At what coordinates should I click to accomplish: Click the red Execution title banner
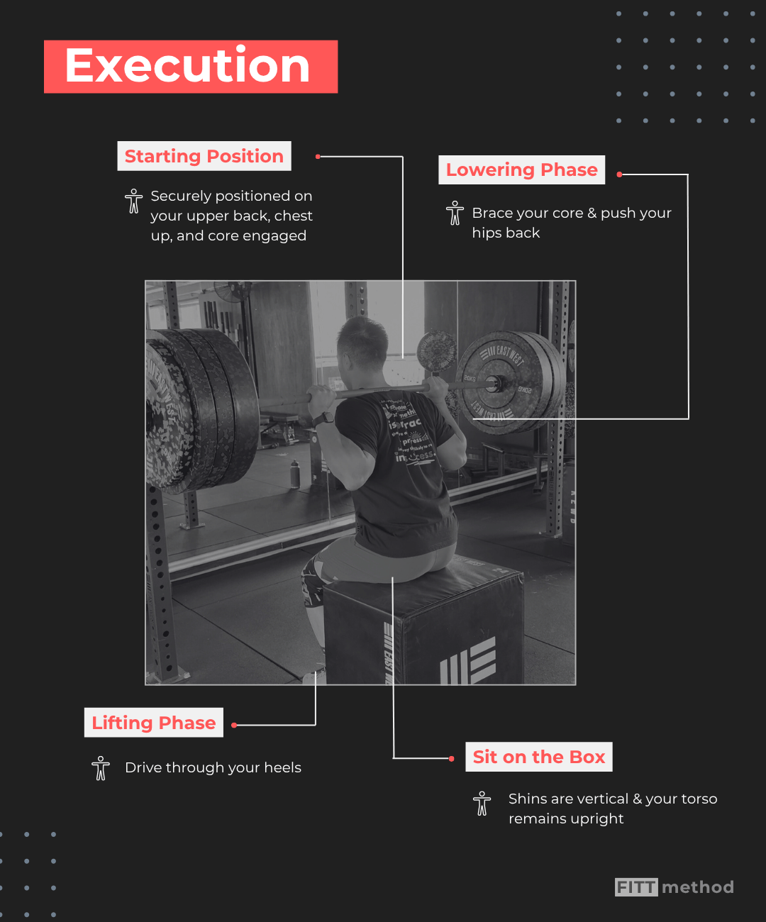click(190, 67)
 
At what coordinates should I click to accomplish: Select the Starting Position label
click(204, 156)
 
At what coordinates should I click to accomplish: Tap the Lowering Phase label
click(521, 170)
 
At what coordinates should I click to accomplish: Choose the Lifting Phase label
click(153, 723)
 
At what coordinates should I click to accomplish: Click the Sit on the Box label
click(538, 757)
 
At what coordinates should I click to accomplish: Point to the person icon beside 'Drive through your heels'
click(101, 768)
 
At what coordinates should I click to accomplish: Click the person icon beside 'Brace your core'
click(455, 213)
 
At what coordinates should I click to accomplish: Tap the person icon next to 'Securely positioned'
click(133, 201)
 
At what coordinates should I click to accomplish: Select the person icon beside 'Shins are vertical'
click(482, 804)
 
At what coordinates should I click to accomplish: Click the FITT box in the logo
click(636, 887)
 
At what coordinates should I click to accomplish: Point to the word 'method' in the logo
click(698, 887)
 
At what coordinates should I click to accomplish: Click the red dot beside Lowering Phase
click(619, 174)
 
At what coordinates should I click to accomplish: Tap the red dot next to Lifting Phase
click(234, 725)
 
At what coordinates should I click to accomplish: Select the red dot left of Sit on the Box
click(452, 759)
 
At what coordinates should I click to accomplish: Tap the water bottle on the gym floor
click(295, 474)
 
